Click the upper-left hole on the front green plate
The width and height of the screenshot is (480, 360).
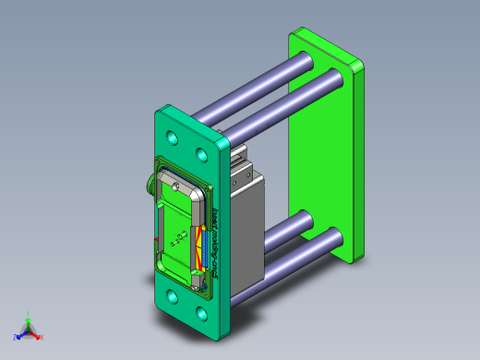pos(172,138)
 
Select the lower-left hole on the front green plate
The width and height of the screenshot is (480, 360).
pos(172,297)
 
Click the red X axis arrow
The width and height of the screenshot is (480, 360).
pos(35,334)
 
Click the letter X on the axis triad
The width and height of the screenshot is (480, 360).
pos(42,337)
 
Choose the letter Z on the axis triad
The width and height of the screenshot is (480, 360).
pos(14,337)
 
